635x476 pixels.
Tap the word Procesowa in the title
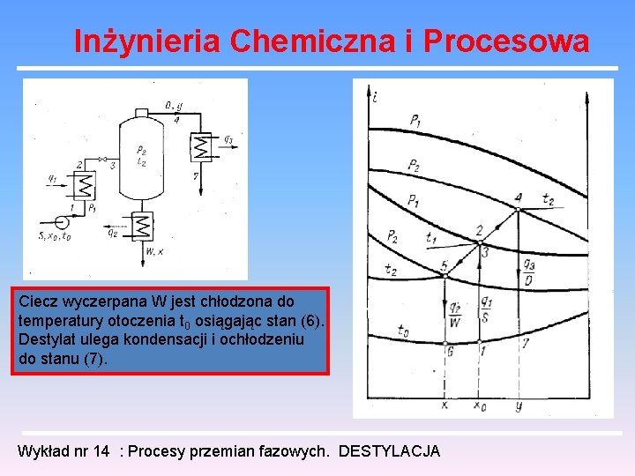coord(506,41)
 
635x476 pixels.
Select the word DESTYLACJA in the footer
coord(389,451)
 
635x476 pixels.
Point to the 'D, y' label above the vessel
coord(174,107)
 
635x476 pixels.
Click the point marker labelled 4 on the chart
coord(519,209)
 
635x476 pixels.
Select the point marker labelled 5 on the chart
coord(445,276)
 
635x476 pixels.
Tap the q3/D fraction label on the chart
coord(527,271)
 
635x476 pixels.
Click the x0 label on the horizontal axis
coord(479,406)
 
